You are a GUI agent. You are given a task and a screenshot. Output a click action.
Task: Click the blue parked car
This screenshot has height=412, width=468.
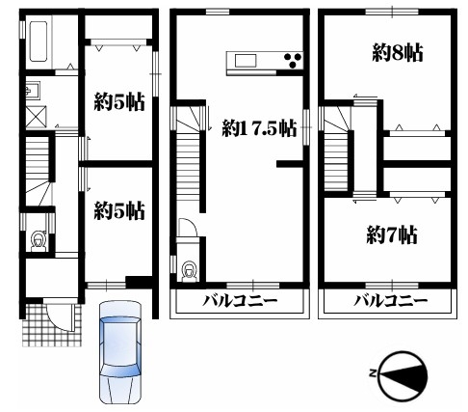(119, 352)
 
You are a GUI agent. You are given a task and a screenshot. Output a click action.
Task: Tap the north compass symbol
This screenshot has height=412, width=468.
(403, 375)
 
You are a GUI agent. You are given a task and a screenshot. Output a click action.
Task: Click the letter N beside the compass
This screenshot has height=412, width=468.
(373, 373)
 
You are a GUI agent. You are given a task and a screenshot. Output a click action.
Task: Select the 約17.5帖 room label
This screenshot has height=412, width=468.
(259, 128)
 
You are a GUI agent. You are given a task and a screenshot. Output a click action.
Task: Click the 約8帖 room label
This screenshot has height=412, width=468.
(398, 53)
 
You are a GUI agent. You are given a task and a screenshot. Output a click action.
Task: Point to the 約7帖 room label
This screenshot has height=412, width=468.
(392, 235)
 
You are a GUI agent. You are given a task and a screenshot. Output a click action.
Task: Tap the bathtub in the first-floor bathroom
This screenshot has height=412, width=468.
(39, 41)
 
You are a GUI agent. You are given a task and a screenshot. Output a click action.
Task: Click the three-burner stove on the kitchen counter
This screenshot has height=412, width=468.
(293, 61)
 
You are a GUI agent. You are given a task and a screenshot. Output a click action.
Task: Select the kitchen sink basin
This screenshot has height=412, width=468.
(246, 61)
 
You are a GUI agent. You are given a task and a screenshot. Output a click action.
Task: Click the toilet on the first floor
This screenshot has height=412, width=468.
(39, 241)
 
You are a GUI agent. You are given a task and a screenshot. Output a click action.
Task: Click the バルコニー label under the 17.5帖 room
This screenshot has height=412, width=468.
(240, 301)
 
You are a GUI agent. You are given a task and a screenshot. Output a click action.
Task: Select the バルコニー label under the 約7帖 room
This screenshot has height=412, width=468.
(390, 301)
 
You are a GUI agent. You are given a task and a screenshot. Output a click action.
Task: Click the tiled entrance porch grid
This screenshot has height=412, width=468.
(51, 325)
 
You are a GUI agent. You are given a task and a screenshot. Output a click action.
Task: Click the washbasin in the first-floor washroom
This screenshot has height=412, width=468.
(33, 90)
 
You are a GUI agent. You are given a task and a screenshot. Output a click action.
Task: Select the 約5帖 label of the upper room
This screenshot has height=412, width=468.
(119, 102)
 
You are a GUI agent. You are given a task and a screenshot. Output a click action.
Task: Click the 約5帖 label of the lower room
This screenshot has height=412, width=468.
(119, 211)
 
